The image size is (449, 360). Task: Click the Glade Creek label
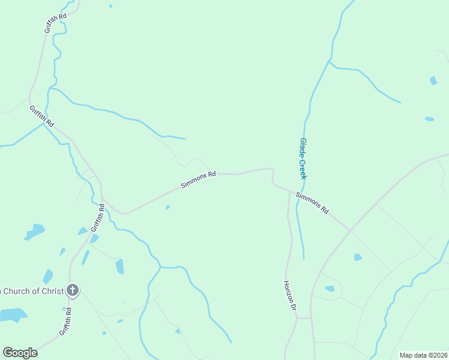(x=303, y=158)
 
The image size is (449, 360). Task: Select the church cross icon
(x=72, y=291)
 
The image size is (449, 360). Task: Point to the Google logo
(x=20, y=353)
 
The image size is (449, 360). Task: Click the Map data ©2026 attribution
(x=423, y=355)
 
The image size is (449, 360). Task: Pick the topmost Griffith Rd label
(x=55, y=22)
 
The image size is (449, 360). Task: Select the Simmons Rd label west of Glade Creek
(x=199, y=179)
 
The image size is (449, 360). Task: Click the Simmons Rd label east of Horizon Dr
(x=312, y=203)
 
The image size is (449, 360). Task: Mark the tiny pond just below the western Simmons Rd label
(x=167, y=208)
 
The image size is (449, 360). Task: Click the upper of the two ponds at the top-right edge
(x=433, y=80)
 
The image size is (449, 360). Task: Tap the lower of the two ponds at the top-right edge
(x=429, y=119)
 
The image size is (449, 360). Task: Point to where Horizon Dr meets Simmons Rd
(x=289, y=193)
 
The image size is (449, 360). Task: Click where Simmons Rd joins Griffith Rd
(x=103, y=197)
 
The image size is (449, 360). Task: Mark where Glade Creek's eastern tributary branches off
(x=328, y=61)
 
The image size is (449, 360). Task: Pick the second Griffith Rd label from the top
(x=41, y=116)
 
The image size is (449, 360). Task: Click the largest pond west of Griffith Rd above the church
(x=34, y=231)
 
